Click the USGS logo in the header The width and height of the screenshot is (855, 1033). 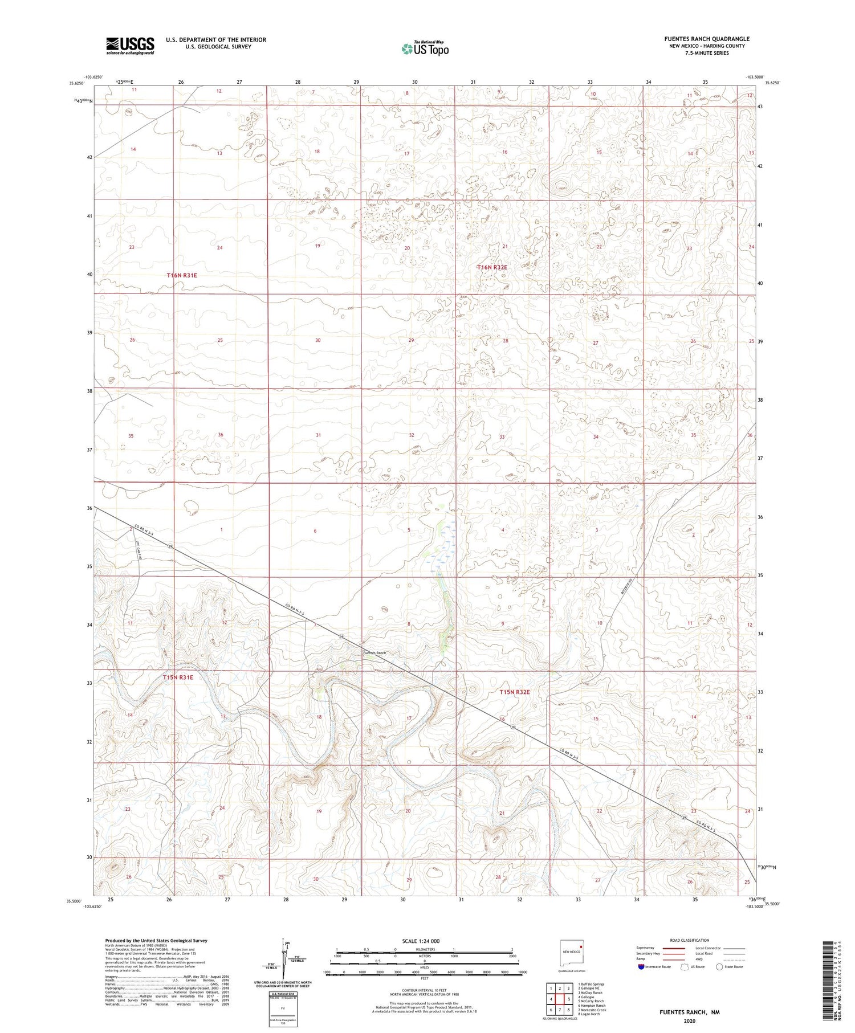[x=130, y=46]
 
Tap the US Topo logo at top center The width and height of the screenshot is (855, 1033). [x=425, y=49]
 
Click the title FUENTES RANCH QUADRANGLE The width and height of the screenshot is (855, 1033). [x=706, y=39]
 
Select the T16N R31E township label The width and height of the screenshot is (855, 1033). [x=182, y=275]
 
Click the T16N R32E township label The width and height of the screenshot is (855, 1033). [x=492, y=267]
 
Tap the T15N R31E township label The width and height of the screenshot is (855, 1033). [x=178, y=677]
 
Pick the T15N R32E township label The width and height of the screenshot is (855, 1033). [x=515, y=692]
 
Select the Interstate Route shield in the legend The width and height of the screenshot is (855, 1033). [x=641, y=967]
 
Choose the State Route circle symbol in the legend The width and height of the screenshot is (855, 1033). [x=720, y=966]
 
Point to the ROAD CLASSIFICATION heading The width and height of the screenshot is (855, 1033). [x=689, y=940]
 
